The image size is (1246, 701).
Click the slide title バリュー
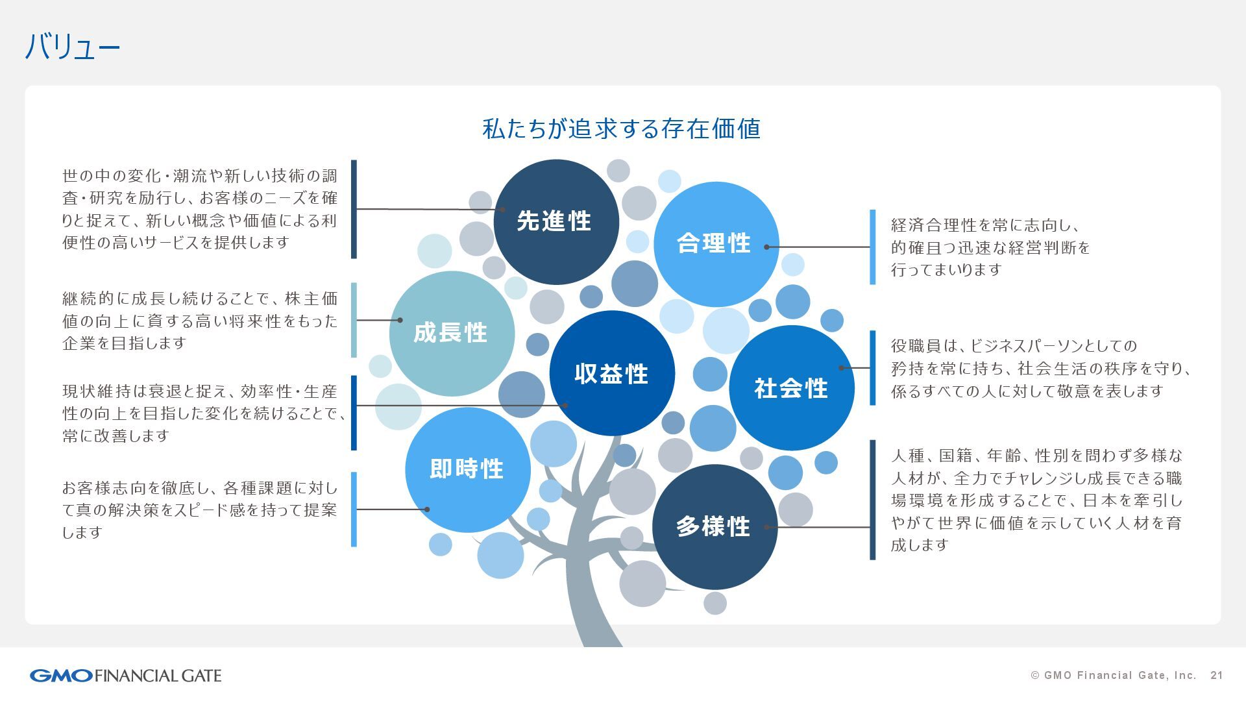coord(73,47)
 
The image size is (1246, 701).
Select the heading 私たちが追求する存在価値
coord(621,129)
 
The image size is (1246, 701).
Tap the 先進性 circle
coord(556,221)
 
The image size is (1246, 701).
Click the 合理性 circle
coord(715,243)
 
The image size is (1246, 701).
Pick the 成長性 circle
coord(452,333)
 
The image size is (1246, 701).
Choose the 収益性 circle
coord(612,373)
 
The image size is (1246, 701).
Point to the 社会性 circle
coord(792,388)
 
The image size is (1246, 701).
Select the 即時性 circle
coord(467,469)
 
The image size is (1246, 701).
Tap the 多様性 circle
coord(714,526)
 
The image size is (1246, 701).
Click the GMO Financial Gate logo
coord(125,676)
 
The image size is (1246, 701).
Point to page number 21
coord(1216,676)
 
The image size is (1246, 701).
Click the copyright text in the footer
coord(1113,676)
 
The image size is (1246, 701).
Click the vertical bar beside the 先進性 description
coord(354,209)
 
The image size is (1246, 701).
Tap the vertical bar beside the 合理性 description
coord(872,247)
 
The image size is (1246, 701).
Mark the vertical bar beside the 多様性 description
coord(872,500)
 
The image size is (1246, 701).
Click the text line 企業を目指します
coord(125,343)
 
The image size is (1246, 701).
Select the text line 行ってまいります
coord(947,270)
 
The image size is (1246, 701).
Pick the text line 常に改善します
coord(116,436)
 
